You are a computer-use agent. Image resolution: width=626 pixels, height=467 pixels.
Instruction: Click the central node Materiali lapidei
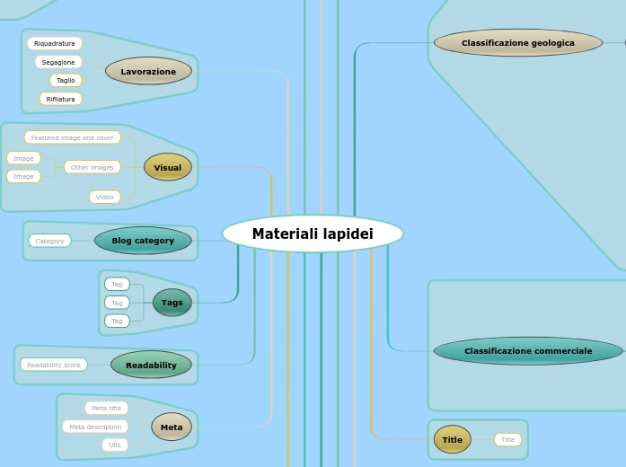pos(313,234)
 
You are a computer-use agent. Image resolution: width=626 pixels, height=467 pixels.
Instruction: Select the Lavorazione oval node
pos(148,71)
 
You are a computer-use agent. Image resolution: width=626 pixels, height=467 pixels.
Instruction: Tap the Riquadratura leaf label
pos(55,43)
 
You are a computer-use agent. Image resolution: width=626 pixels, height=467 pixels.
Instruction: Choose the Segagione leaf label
pos(59,62)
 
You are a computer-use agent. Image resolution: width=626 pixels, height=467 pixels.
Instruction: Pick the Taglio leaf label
pos(66,80)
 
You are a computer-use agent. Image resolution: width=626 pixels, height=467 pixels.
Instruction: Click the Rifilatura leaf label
pos(61,99)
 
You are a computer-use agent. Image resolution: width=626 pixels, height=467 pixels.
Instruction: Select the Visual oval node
pos(168,167)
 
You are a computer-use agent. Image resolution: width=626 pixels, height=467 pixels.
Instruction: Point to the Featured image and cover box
pos(73,137)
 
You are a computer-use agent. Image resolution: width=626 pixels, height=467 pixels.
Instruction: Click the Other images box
pos(93,167)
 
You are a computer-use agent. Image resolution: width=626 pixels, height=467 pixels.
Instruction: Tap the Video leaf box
pos(105,197)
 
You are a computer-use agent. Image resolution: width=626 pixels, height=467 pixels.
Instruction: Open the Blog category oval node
pos(143,241)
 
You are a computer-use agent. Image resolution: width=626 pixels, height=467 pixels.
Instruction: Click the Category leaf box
pos(50,241)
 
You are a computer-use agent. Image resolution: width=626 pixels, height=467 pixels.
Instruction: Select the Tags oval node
pos(172,303)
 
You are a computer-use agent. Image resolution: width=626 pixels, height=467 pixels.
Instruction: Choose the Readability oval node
pos(151,365)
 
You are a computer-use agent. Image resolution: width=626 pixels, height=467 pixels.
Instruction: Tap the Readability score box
pos(54,365)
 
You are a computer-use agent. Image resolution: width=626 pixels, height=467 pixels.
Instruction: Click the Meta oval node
pos(172,427)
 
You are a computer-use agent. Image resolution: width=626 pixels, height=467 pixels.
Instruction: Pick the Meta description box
pos(95,427)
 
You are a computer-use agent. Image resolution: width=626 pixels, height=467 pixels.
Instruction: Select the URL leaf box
pos(115,445)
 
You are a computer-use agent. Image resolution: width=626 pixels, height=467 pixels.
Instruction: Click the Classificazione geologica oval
pos(518,42)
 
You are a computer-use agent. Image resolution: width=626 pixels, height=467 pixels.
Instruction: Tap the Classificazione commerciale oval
pos(528,350)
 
